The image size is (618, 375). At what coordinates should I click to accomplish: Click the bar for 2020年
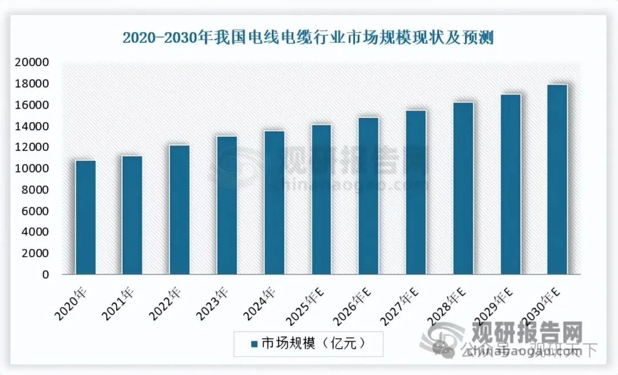point(85,217)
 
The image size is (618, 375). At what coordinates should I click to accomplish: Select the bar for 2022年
point(180,210)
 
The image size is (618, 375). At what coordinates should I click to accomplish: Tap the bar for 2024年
point(274,202)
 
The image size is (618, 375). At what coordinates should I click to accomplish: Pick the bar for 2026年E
point(369,196)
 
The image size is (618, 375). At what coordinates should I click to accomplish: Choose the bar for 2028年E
point(463,188)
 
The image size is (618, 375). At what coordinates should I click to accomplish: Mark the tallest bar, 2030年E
point(557,179)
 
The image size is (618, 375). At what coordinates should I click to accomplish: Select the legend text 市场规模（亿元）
point(312,344)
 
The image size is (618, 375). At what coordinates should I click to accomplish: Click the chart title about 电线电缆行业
point(308,38)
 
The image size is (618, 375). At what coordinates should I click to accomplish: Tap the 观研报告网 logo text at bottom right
point(527,332)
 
